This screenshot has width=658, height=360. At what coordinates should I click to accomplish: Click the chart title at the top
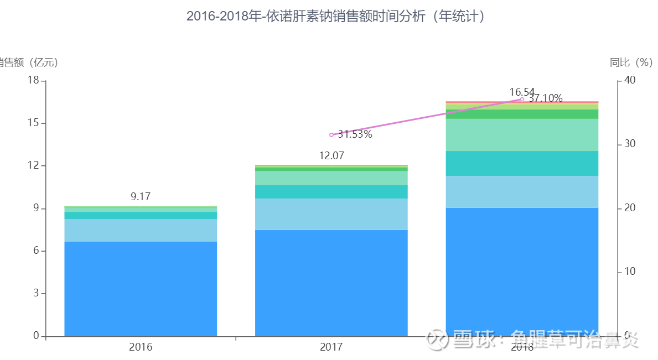click(336, 17)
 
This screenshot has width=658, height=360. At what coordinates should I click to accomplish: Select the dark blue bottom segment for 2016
click(141, 289)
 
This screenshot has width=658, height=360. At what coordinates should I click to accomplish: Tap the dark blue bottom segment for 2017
click(331, 283)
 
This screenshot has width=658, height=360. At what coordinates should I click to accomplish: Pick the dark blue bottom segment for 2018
click(522, 272)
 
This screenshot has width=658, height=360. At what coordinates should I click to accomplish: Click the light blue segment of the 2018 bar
click(522, 191)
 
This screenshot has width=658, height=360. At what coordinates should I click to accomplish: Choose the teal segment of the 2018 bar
click(522, 163)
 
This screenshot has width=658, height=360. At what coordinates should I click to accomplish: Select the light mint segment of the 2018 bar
click(522, 134)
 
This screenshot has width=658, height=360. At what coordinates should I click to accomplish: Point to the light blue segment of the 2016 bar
click(141, 230)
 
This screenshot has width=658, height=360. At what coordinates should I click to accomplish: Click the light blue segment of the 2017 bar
click(331, 214)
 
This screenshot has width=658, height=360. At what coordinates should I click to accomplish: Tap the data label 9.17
click(141, 196)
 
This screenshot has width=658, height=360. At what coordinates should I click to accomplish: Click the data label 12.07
click(331, 156)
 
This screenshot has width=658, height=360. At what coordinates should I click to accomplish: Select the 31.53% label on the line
click(355, 134)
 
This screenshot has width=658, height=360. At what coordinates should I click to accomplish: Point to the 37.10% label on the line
click(545, 98)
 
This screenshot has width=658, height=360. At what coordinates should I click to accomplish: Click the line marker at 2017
click(331, 135)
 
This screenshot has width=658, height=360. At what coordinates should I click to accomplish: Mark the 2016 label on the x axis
click(141, 347)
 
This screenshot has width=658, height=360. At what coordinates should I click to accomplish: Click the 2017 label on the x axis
click(331, 347)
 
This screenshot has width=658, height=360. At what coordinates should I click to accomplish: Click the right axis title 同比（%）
click(631, 62)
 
